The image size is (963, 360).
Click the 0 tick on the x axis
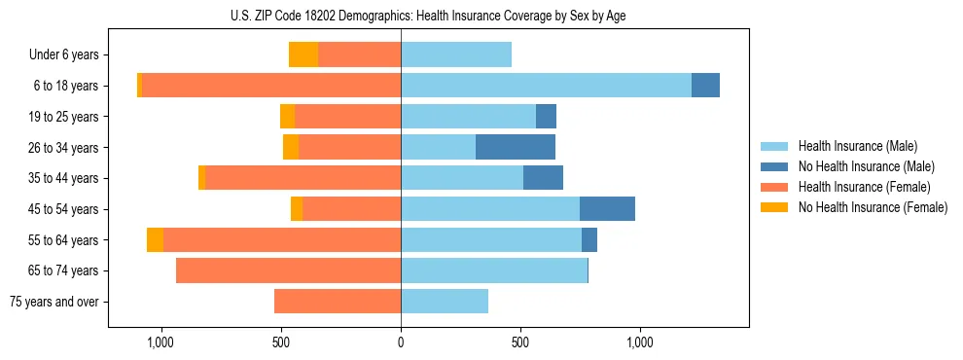coord(401,342)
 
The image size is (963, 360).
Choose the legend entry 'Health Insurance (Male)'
coord(857,146)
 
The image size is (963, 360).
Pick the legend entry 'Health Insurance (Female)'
coord(864,187)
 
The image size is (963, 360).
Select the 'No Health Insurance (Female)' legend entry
coord(873,207)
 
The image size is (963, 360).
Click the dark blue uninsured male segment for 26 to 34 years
coord(516,147)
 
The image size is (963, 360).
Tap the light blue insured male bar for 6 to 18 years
coord(546,86)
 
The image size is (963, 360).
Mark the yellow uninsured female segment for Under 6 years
coord(303,54)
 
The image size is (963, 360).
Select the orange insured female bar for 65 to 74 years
coord(288,270)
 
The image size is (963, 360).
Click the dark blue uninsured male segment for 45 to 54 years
coord(607,209)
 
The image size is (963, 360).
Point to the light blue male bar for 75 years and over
coord(445,302)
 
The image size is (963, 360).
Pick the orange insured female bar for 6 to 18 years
coord(271,86)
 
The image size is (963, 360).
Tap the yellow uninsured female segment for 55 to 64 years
coord(155,239)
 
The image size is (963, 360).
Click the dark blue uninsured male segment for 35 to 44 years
coord(543,178)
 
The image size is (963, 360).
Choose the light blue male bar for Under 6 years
coord(456,54)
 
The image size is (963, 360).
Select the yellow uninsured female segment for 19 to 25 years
coord(287,117)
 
